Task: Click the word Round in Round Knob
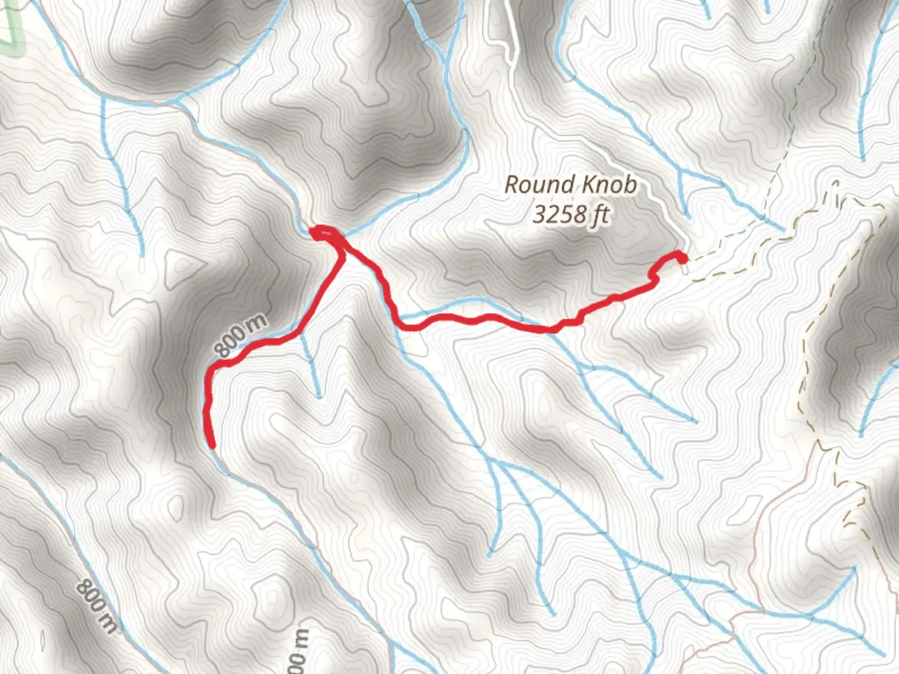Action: pos(538,185)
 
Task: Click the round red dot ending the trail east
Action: pos(682,258)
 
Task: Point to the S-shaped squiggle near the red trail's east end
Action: pos(654,275)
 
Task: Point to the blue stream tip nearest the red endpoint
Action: pos(687,215)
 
